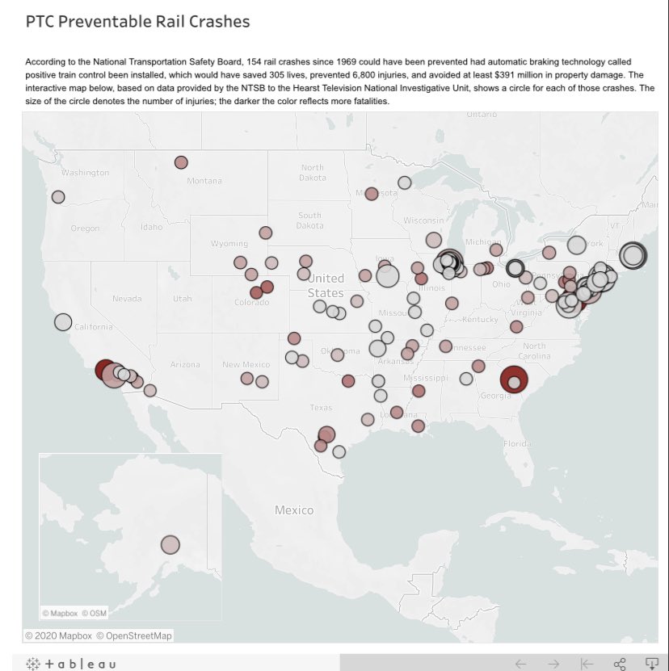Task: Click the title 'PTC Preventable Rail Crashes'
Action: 137,22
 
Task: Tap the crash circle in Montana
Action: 181,162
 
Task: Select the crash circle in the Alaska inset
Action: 170,545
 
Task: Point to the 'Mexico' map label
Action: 294,510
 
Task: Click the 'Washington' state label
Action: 85,173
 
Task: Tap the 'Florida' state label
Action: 517,443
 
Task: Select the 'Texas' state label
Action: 321,407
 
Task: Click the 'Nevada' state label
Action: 127,299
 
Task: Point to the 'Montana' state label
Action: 204,181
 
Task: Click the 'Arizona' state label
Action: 185,365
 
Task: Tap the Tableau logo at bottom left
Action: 71,664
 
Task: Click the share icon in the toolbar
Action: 620,664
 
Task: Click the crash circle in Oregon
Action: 58,196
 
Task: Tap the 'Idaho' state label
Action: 151,228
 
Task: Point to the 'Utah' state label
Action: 183,299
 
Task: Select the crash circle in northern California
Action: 63,322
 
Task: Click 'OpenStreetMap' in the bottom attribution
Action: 134,636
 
